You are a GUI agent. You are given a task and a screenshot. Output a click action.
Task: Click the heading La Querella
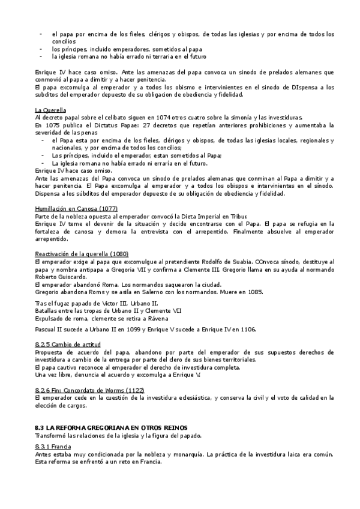[x=50, y=110]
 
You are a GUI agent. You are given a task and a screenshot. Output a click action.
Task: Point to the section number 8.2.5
[x=44, y=344]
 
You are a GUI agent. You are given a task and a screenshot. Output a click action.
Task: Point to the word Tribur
[x=235, y=215]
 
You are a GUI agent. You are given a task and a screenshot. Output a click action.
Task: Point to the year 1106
[x=245, y=330]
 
